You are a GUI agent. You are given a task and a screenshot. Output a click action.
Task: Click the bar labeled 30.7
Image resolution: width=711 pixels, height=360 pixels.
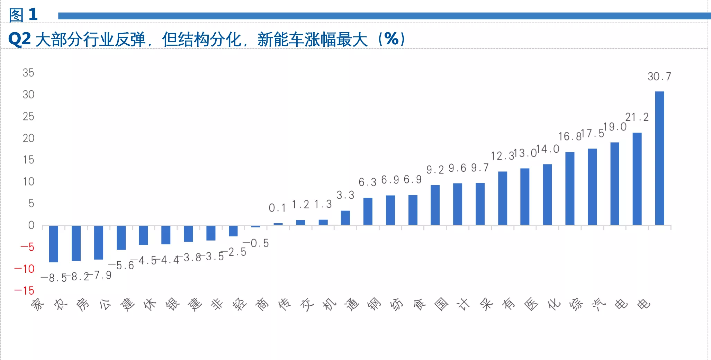tap(659, 158)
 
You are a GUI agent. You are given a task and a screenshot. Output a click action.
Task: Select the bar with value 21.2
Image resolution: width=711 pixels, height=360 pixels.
tap(637, 179)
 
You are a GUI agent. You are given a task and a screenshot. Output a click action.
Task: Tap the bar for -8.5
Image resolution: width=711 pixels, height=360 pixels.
tap(54, 244)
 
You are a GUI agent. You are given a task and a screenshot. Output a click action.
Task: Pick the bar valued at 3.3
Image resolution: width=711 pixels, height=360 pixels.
tap(345, 218)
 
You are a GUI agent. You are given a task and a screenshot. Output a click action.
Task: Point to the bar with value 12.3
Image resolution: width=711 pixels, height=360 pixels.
tap(502, 198)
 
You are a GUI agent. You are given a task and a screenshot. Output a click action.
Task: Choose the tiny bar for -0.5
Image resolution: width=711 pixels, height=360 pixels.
tap(255, 226)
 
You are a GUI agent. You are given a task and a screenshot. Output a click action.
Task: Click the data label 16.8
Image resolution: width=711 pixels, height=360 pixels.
tap(569, 137)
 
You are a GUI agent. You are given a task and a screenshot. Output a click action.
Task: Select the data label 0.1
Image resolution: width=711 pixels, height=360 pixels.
tap(277, 208)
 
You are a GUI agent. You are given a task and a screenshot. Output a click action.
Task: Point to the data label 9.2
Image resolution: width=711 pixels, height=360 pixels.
tap(435, 170)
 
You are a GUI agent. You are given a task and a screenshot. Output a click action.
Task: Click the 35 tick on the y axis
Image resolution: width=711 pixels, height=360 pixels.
tap(28, 73)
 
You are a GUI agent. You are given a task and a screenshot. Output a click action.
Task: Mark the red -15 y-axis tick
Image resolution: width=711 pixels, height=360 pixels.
tap(24, 290)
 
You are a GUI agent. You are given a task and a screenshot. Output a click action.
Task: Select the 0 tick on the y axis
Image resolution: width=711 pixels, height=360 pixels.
tap(31, 225)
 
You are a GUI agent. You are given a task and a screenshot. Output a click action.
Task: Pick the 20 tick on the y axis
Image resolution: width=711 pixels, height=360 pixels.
tap(28, 138)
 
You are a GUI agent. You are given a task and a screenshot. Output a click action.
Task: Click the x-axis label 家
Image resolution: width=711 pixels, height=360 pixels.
tap(38, 305)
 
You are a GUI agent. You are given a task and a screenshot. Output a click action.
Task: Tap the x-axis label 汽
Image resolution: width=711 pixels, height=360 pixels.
tap(598, 305)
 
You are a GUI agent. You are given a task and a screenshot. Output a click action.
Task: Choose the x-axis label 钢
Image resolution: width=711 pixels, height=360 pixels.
tap(374, 305)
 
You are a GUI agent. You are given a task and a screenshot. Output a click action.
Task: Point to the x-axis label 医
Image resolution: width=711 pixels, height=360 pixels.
tap(531, 305)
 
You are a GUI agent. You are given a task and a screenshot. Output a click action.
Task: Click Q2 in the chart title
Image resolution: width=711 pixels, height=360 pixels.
tap(20, 39)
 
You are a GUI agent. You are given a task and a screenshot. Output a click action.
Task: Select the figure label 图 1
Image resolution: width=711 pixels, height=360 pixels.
tap(23, 15)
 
